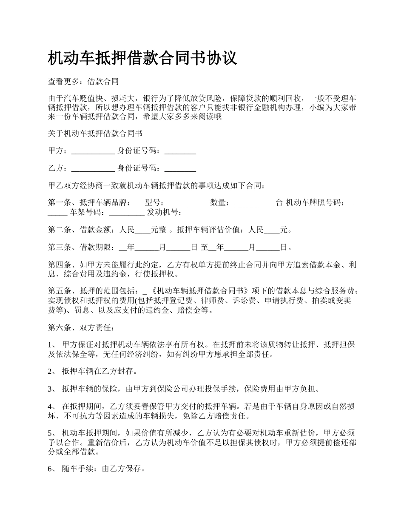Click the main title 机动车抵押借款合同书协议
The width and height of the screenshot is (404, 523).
[143, 58]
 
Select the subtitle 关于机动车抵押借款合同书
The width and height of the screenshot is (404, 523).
[95, 133]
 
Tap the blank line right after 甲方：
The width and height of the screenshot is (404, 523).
[93, 151]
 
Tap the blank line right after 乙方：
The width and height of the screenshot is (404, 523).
[93, 168]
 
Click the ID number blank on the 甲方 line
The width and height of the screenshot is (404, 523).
[180, 151]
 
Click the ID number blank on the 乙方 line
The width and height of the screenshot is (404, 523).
[180, 168]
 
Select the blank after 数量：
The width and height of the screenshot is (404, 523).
[253, 203]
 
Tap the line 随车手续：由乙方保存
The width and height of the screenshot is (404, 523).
[103, 469]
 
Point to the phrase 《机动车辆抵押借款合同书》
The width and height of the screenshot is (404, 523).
[199, 291]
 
